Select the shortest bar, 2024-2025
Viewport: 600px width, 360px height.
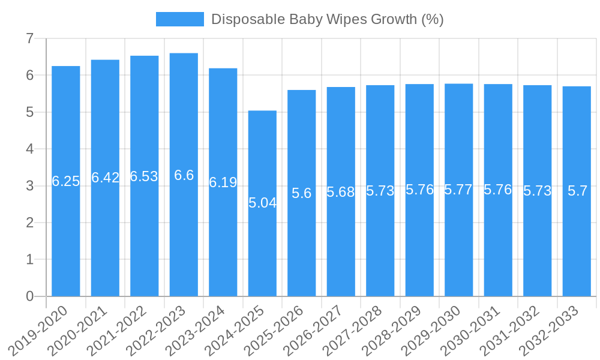pos(262,252)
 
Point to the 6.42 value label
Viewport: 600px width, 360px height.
pos(105,178)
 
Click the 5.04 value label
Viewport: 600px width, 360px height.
pos(262,203)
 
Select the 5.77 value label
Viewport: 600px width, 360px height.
pos(458,190)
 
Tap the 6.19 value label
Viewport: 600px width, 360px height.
pos(223,182)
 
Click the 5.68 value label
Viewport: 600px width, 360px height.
pos(341,192)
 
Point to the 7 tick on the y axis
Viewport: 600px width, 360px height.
pos(30,38)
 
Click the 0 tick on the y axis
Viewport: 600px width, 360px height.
pos(30,296)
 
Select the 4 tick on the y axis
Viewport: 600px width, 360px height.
pos(30,149)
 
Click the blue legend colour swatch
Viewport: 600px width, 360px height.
pos(179,19)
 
